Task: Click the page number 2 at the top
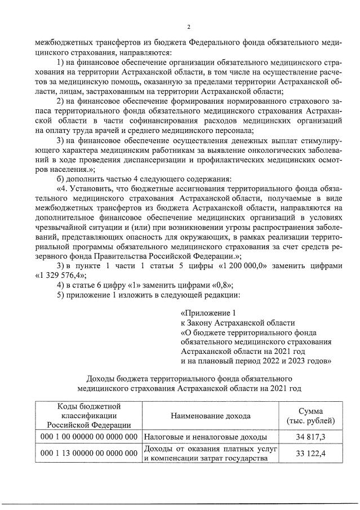(x=189, y=26)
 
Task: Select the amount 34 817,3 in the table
(x=310, y=437)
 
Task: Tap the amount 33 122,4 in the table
(x=310, y=454)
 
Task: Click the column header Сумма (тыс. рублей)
(x=310, y=416)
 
